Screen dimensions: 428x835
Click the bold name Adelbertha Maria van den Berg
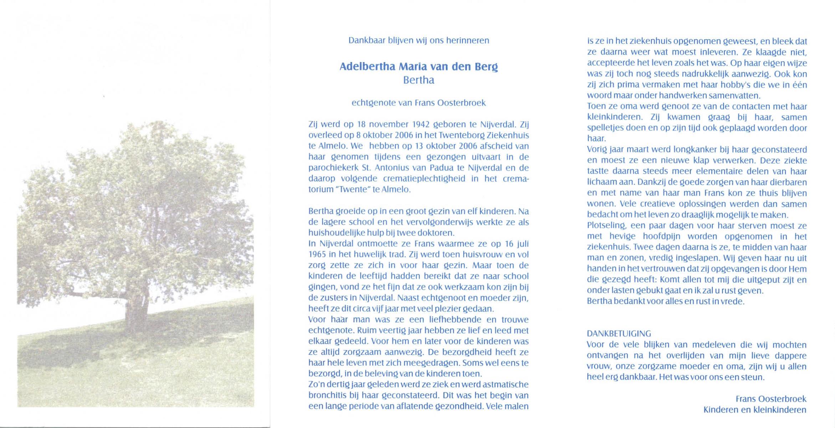pyautogui.click(x=419, y=67)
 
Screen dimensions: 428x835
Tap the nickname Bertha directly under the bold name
pyautogui.click(x=419, y=80)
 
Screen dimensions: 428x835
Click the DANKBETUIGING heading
pyautogui.click(x=619, y=334)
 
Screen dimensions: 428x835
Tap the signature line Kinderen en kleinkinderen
pyautogui.click(x=754, y=410)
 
